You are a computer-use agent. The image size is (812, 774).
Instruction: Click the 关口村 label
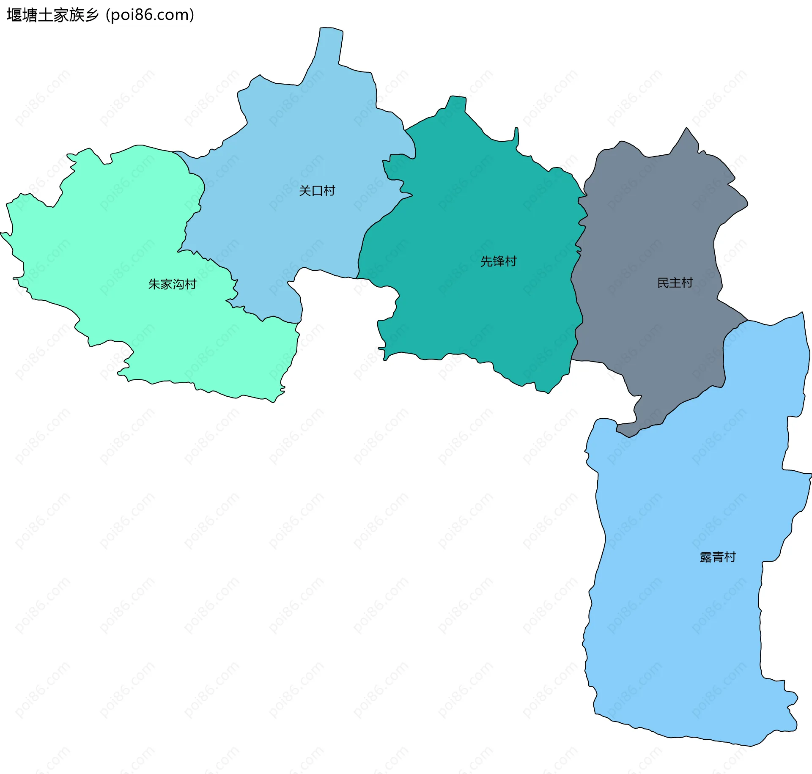click(317, 191)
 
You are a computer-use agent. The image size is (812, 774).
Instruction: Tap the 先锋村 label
click(498, 261)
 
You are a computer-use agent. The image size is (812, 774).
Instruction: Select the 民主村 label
click(675, 283)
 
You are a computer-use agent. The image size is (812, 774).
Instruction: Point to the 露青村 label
click(718, 557)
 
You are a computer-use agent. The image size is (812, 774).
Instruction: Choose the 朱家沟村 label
click(172, 284)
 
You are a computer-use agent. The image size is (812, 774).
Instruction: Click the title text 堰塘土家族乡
click(52, 15)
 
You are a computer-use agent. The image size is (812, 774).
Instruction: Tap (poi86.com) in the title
click(150, 15)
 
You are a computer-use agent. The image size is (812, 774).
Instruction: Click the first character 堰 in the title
click(14, 15)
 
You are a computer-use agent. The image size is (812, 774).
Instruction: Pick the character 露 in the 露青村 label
click(706, 557)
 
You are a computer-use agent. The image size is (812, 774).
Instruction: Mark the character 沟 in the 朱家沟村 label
click(178, 284)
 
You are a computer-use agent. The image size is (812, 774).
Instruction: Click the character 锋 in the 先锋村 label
click(499, 261)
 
